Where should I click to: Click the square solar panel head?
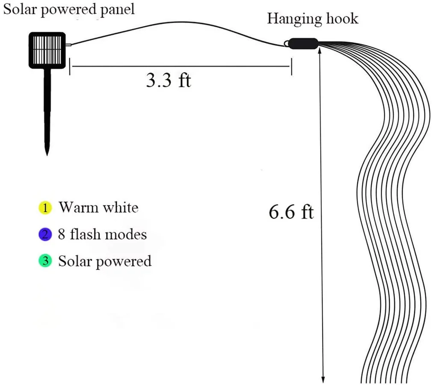[47, 50]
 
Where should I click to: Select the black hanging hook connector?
[303, 44]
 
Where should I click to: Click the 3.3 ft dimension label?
[168, 80]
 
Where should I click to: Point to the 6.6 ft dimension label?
[291, 212]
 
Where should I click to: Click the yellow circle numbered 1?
[44, 208]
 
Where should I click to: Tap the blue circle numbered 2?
[44, 234]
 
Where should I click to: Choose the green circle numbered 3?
[44, 261]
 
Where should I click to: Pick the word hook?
[342, 19]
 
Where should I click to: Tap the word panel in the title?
[117, 9]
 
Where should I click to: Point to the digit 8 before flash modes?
[62, 234]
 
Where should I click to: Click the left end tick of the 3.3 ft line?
[70, 67]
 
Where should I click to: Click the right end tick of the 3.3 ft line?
[292, 67]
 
